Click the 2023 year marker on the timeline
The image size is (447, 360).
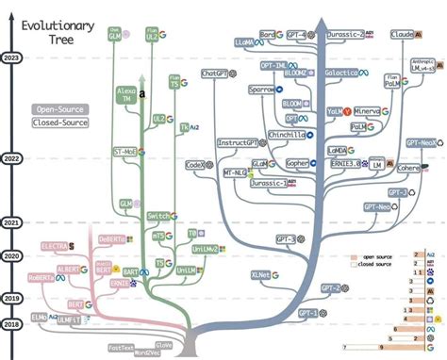point(12,58)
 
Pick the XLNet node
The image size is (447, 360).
point(261,274)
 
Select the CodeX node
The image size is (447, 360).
point(196,164)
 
